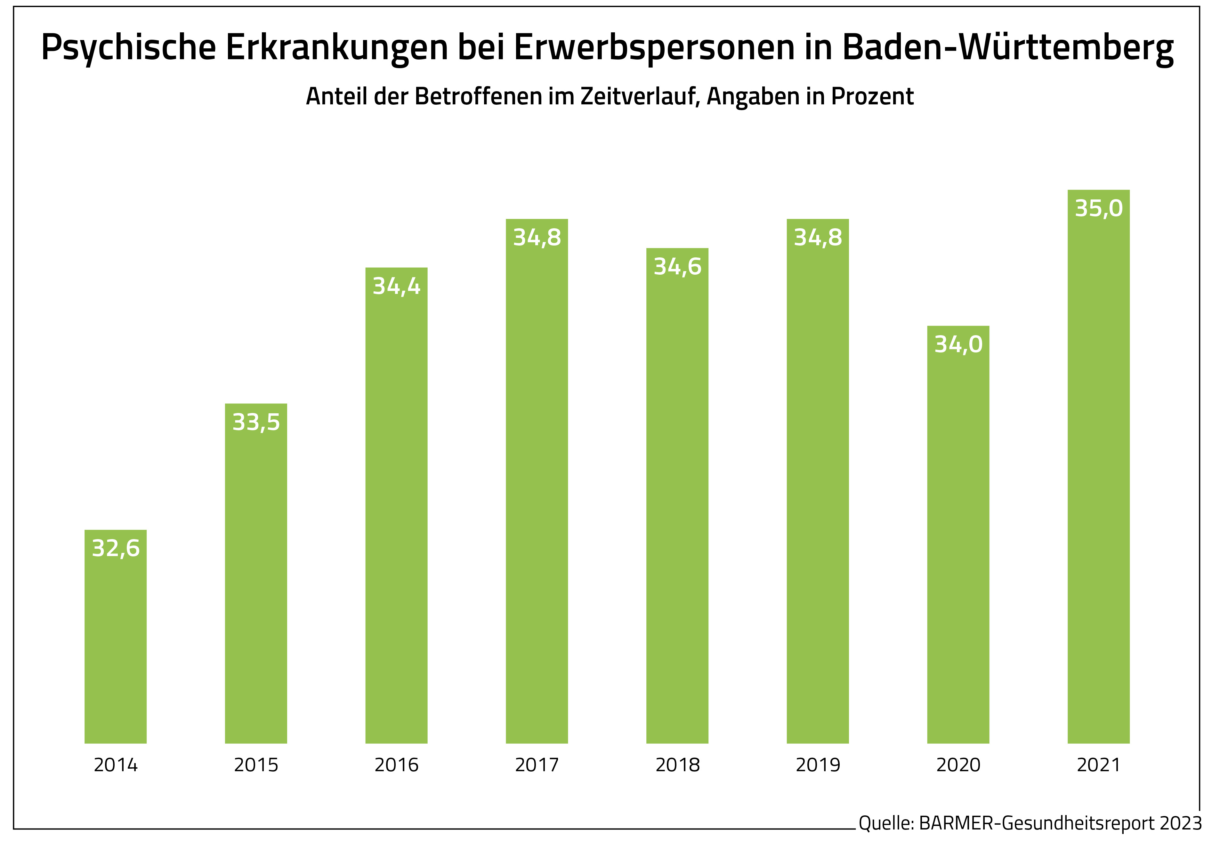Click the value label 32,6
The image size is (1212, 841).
pyautogui.click(x=115, y=548)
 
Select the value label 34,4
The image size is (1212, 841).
pyautogui.click(x=396, y=287)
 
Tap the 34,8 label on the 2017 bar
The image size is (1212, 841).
pyautogui.click(x=537, y=238)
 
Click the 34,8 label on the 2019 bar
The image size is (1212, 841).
pyautogui.click(x=818, y=238)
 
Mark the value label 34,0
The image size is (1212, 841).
pyautogui.click(x=958, y=344)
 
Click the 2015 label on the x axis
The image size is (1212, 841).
pyautogui.click(x=256, y=765)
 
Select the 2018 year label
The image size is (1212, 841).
pyautogui.click(x=677, y=765)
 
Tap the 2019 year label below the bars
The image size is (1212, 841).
pyautogui.click(x=818, y=765)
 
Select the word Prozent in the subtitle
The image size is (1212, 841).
pyautogui.click(x=872, y=96)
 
